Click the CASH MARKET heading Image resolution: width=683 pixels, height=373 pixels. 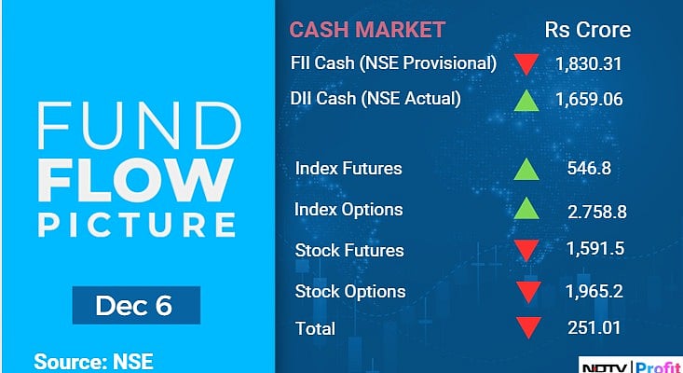click(x=366, y=30)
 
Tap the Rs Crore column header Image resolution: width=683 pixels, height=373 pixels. click(x=587, y=30)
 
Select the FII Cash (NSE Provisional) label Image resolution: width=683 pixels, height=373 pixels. click(x=392, y=63)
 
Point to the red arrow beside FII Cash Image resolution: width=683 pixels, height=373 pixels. click(x=526, y=64)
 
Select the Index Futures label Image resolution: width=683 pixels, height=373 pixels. click(x=348, y=169)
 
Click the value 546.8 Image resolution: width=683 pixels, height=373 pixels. click(x=589, y=170)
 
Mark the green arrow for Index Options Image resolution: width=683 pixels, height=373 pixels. click(x=526, y=210)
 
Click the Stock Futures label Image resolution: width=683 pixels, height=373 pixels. click(x=349, y=250)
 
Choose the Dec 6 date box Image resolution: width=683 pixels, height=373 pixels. click(x=135, y=306)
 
